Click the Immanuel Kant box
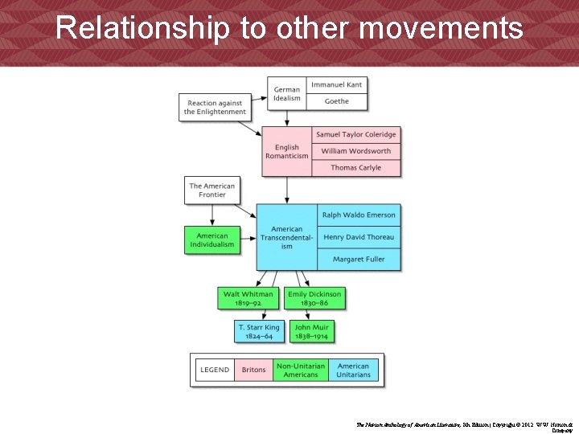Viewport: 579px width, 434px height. coord(337,84)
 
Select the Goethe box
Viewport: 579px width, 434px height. coord(337,101)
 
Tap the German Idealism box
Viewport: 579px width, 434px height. coord(287,93)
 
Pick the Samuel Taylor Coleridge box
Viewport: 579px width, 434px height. coord(355,134)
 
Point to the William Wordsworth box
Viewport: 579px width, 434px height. coord(355,151)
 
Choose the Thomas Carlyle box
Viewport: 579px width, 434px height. coord(355,168)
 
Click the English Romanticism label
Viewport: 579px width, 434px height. coord(287,152)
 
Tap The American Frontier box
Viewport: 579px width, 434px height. coord(212,190)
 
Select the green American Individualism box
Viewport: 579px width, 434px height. coord(212,240)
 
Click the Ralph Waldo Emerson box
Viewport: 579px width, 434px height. coord(359,215)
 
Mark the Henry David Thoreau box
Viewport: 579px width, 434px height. coord(359,237)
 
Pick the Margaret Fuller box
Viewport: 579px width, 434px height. coord(359,259)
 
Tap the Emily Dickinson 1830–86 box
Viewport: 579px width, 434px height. coord(314,298)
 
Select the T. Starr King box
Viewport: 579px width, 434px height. coord(259,331)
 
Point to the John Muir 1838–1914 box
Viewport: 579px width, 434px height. coord(311,331)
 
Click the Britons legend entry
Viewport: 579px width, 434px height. coord(253,370)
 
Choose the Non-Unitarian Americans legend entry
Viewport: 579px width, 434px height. coord(301,370)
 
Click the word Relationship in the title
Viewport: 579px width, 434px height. coord(142,29)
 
